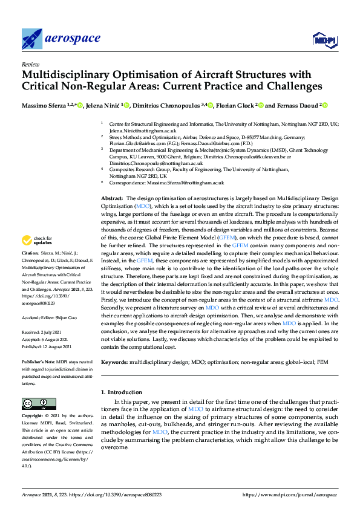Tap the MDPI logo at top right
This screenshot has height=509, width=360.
click(324, 40)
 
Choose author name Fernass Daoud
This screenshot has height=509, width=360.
click(295, 106)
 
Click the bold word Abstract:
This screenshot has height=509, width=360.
click(112, 198)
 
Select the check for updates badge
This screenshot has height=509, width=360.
click(38, 240)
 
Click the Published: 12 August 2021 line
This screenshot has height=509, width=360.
click(46, 346)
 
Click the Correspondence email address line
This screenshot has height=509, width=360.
click(166, 182)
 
